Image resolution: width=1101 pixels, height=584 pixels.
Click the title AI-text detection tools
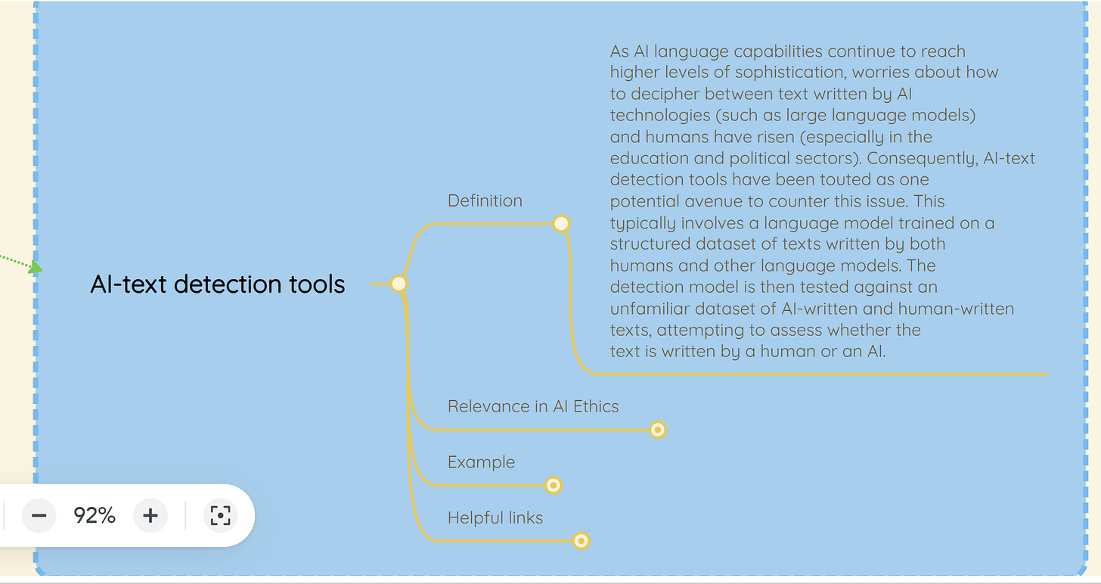218,284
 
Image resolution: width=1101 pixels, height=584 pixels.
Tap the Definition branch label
485,200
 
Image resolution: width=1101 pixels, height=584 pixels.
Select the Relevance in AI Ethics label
533,406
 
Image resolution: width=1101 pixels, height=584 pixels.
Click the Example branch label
481,462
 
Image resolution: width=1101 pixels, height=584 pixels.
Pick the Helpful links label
495,517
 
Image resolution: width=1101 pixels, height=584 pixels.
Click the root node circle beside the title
399,284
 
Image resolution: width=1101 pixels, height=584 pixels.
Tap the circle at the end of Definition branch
561,223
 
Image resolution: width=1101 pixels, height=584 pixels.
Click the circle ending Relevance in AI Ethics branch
658,430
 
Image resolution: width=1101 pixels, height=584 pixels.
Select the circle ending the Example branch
554,485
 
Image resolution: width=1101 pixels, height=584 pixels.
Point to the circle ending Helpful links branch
581,541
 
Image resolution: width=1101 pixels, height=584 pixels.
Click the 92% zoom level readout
95,516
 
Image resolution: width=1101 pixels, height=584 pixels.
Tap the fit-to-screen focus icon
220,516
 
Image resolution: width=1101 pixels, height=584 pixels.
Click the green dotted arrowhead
35,267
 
